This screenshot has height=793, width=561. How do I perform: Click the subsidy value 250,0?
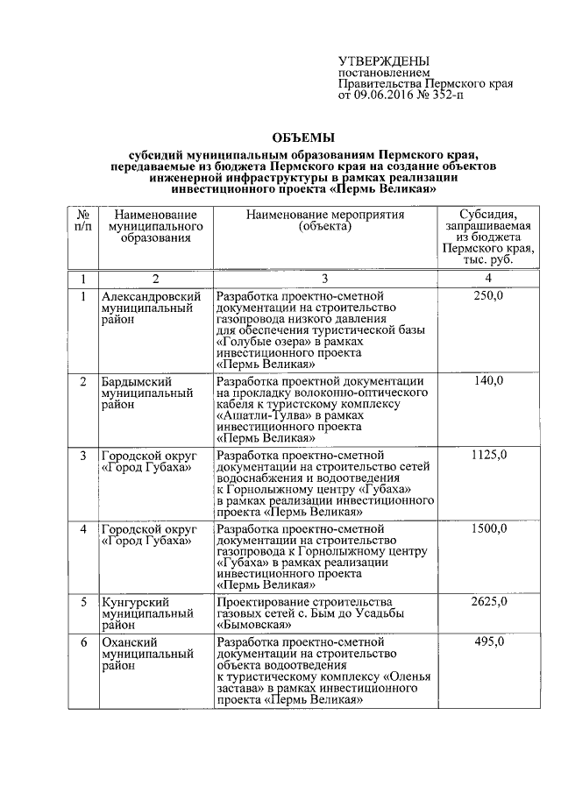point(487,296)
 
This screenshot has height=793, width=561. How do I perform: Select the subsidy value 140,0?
point(487,381)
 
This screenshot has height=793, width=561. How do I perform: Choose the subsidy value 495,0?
point(487,642)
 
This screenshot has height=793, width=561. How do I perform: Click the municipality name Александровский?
point(146,296)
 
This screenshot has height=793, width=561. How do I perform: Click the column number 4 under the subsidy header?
point(487,279)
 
